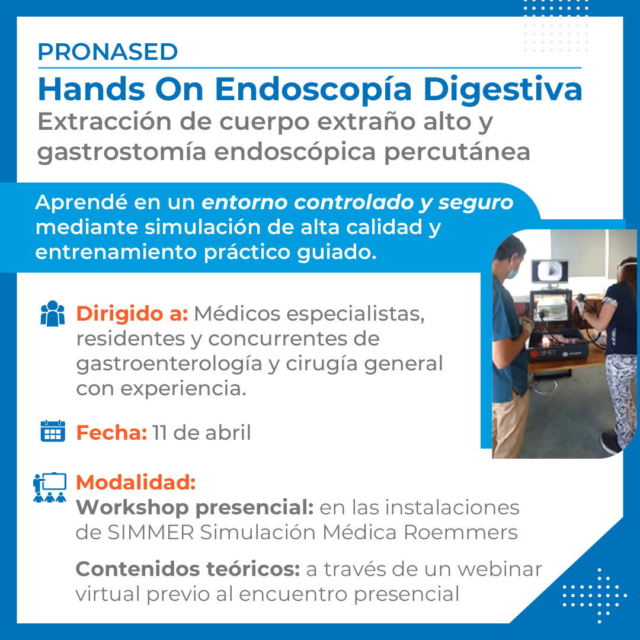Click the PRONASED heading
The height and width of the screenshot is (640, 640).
point(108,52)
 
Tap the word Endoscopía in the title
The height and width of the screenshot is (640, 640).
point(313,91)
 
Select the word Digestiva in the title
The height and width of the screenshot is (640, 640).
point(503,89)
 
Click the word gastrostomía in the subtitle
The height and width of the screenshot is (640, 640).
point(121,152)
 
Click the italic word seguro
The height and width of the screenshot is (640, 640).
point(476,203)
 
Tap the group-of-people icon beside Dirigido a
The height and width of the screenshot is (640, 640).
point(53,313)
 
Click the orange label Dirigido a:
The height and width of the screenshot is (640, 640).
point(132,313)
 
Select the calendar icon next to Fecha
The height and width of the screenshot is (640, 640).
point(53,431)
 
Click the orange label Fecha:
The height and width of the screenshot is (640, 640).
point(111,432)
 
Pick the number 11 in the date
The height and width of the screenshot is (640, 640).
point(159,433)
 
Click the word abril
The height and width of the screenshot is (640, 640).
point(228,432)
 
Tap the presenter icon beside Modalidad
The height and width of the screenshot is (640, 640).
point(49,487)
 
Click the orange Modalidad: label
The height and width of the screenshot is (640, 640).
point(136,482)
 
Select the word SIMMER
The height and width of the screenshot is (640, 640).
point(151,532)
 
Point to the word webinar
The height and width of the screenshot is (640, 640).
point(500,569)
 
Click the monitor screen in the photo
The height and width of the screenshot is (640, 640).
point(551,271)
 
